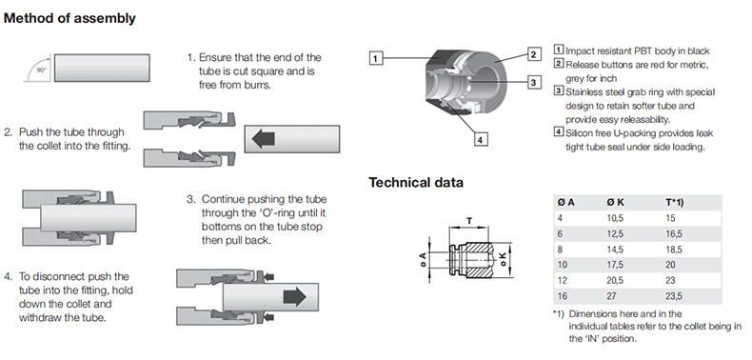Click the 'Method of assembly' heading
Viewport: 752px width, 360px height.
[x=70, y=19]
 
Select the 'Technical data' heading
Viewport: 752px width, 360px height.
[x=416, y=183]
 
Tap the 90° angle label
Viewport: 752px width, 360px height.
[x=42, y=70]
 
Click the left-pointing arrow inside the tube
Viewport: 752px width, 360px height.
[x=263, y=139]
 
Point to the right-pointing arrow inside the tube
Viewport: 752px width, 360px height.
[x=294, y=297]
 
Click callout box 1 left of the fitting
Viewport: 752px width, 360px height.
[x=375, y=58]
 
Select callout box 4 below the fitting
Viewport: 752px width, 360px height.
[x=481, y=140]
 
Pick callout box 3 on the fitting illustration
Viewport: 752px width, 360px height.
[x=534, y=82]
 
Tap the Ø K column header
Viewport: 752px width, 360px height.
[x=614, y=203]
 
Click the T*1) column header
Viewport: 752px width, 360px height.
[x=674, y=203]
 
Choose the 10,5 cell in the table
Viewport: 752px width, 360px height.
[x=615, y=218]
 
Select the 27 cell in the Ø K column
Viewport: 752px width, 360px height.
[x=612, y=296]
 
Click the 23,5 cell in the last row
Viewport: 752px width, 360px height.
[x=673, y=296]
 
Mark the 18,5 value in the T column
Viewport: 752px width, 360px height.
[x=673, y=250]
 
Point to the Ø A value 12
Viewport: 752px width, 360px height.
[x=562, y=280]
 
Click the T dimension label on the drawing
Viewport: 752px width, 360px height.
[x=469, y=220]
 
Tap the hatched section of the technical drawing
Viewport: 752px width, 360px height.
[x=476, y=260]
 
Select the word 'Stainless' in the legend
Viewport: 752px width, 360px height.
[x=584, y=92]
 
